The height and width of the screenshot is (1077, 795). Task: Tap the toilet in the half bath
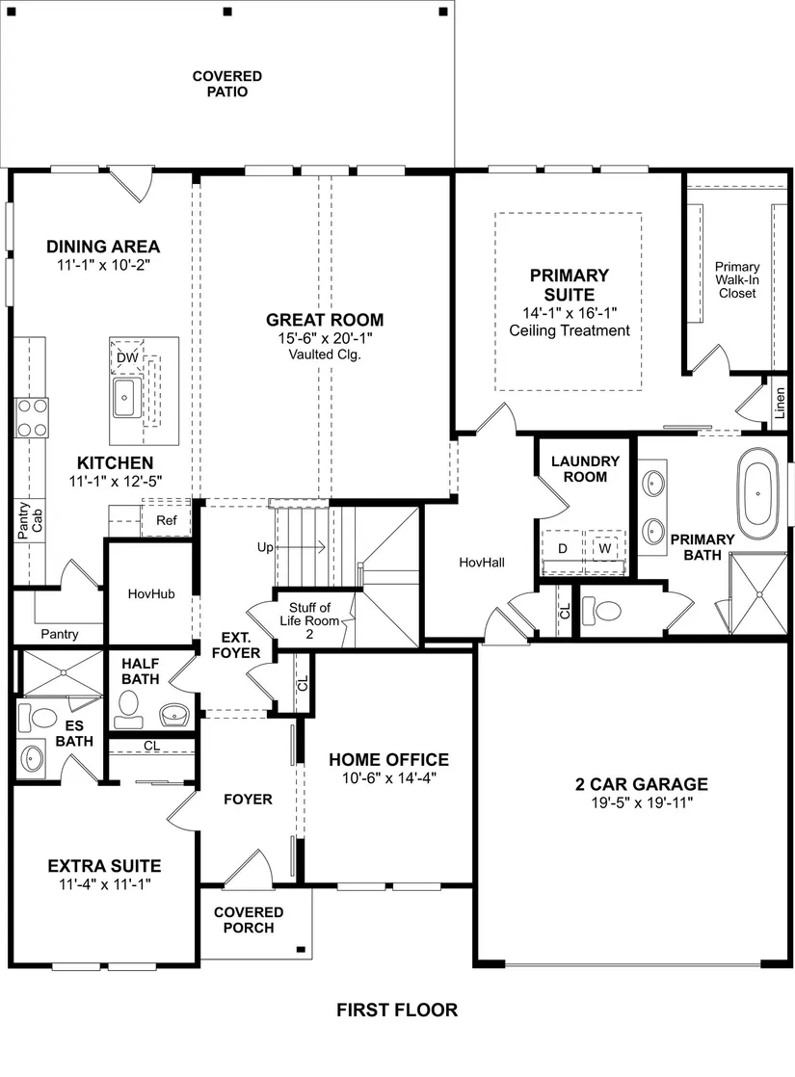click(x=128, y=709)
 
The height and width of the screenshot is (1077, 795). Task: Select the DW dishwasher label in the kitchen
click(x=127, y=357)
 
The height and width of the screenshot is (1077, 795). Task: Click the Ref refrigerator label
click(x=167, y=520)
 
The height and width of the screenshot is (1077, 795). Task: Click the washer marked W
click(x=604, y=547)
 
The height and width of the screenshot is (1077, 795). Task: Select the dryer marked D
click(x=563, y=548)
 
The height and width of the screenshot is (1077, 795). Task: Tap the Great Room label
click(x=325, y=320)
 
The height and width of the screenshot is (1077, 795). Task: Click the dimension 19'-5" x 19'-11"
click(x=642, y=802)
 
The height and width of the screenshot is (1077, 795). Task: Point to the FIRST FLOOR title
click(x=397, y=1010)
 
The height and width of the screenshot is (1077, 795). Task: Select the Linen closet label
click(x=780, y=404)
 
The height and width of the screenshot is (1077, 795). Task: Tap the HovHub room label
click(x=151, y=593)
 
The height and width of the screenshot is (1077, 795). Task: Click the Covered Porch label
click(x=249, y=920)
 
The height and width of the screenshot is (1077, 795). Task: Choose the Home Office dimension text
click(x=389, y=777)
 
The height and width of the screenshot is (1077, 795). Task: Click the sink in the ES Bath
click(x=32, y=759)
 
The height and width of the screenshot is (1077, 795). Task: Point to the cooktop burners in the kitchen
click(x=33, y=418)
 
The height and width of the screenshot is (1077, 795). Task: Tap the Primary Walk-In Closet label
click(x=737, y=279)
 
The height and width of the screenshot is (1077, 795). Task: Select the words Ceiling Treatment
click(x=570, y=330)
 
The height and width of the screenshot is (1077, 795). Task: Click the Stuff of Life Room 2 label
click(x=310, y=620)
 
